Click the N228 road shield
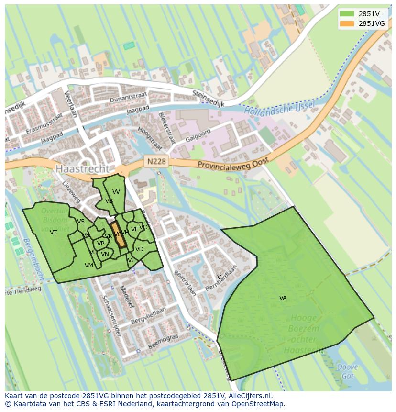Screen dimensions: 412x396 156,161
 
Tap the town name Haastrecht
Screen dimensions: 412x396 82,169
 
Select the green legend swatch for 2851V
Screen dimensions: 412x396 347,14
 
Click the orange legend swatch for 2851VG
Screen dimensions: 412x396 347,23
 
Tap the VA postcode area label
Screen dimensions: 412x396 283,298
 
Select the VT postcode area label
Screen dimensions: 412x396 53,233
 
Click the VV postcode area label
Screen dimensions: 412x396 116,192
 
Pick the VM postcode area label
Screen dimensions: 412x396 89,266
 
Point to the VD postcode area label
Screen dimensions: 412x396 139,249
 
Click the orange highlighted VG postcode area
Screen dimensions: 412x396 119,235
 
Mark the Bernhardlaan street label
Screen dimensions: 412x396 221,277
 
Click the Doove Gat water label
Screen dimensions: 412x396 347,371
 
